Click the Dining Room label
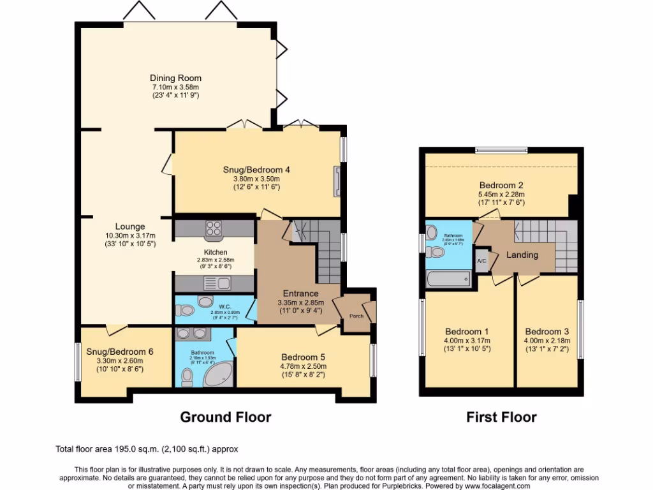[x=175, y=78]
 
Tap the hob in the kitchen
[x=212, y=228]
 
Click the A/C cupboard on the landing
[x=481, y=260]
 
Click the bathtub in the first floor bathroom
[x=448, y=278]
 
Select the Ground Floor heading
[x=225, y=417]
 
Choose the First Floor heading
[x=501, y=417]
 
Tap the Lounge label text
[x=130, y=226]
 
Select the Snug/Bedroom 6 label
[x=120, y=352]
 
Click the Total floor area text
[x=147, y=449]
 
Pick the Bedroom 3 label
[x=547, y=332]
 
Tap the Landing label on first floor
[x=522, y=255]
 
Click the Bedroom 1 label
[x=467, y=332]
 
